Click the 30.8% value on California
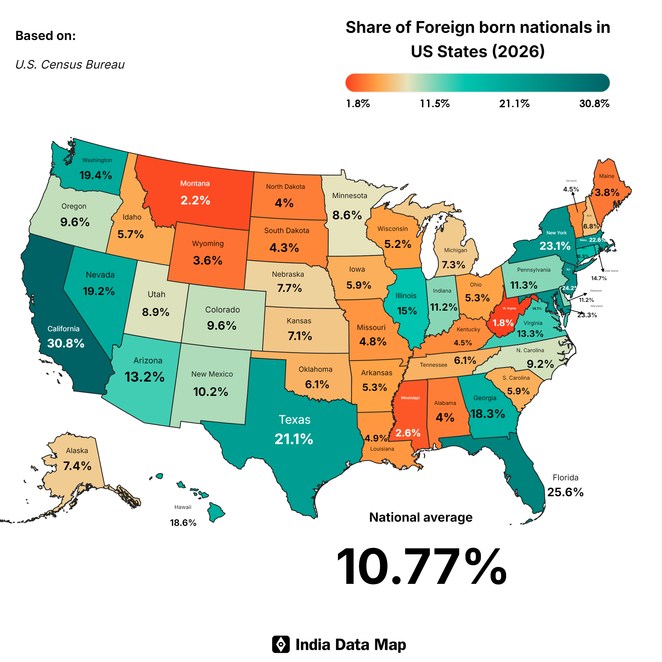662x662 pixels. pos(66,343)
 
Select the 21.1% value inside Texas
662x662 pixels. pos(294,439)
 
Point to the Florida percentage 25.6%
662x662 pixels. pos(565,492)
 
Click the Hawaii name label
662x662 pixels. pos(183,507)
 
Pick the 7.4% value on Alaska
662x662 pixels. pos(77,466)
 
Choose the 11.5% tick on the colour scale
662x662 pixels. pos(435,104)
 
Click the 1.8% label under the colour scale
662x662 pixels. pos(358,104)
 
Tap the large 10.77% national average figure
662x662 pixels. pos(422,567)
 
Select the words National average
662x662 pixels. pos(421,517)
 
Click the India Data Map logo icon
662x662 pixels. pos(281,645)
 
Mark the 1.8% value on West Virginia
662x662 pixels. pos(503,323)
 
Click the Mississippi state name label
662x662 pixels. pos(410,398)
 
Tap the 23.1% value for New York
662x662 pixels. pos(555,246)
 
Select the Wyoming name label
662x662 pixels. pos(208,244)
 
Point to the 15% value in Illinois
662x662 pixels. pos(407,311)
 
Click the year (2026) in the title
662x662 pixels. pos(518,52)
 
